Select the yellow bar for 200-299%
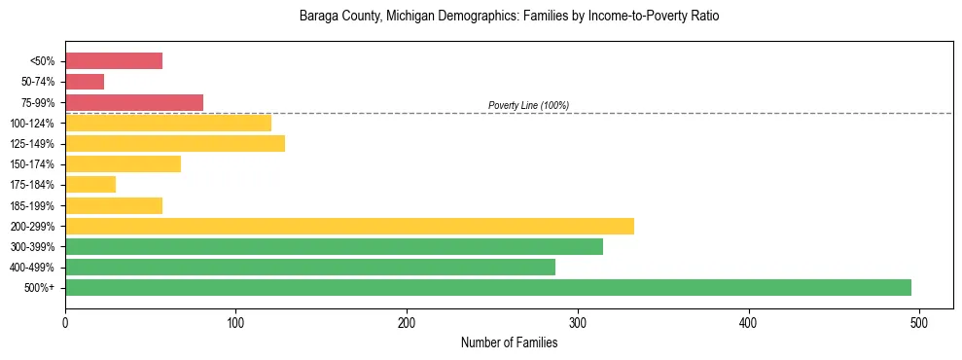[349, 226]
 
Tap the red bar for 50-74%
[85, 82]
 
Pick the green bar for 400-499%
[310, 267]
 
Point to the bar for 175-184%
[90, 185]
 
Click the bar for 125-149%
[175, 143]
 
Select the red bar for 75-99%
[134, 102]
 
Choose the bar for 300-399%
[334, 246]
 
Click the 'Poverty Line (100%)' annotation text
[528, 105]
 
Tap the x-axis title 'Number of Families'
[509, 342]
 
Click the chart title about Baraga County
[509, 17]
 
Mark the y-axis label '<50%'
[42, 61]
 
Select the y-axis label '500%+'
[40, 288]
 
